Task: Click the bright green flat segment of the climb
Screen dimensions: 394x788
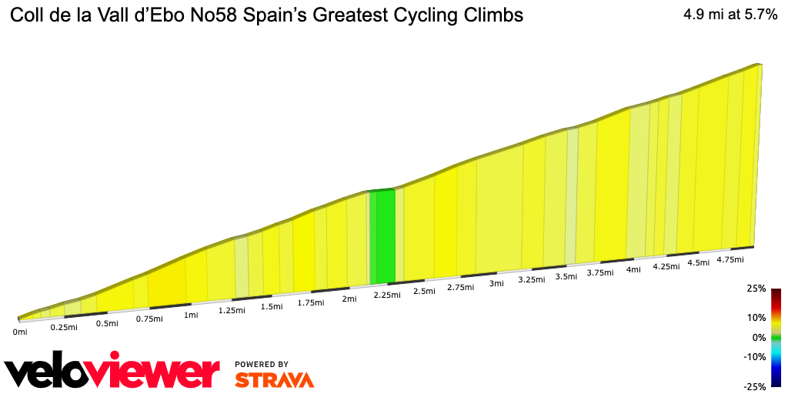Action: pyautogui.click(x=383, y=235)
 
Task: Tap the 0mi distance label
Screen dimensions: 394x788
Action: pyautogui.click(x=20, y=332)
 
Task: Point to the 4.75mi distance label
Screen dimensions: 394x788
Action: pyautogui.click(x=730, y=260)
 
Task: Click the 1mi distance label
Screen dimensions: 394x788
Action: pyautogui.click(x=191, y=315)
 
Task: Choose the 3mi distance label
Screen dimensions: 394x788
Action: pyautogui.click(x=496, y=283)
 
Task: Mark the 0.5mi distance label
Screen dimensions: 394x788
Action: pyautogui.click(x=107, y=323)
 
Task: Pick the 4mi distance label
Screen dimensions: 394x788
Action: pyautogui.click(x=634, y=269)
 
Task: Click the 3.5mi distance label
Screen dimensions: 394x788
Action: pyautogui.click(x=566, y=276)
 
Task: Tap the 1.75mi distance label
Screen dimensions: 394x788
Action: pyautogui.click(x=311, y=302)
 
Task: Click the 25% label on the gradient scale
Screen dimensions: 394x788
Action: pyautogui.click(x=756, y=289)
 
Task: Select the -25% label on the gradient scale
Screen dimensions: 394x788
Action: pyautogui.click(x=755, y=386)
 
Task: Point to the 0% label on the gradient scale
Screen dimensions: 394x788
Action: pyautogui.click(x=759, y=337)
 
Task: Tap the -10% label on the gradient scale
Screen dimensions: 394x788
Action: pyautogui.click(x=755, y=356)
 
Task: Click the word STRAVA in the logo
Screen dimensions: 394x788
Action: pyautogui.click(x=274, y=379)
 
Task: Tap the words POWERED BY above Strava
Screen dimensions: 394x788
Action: pyautogui.click(x=262, y=364)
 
